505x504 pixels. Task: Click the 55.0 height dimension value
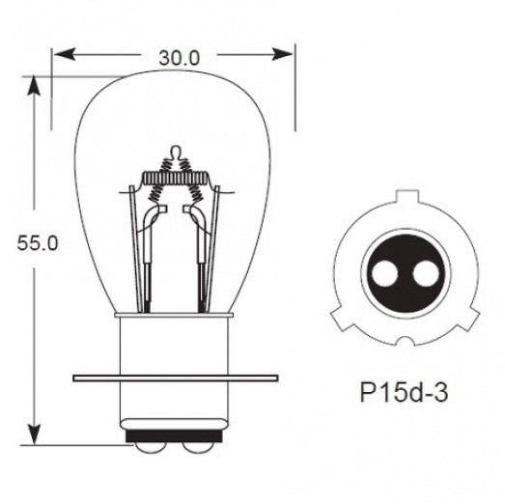click(38, 244)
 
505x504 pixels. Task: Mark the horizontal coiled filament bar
click(175, 178)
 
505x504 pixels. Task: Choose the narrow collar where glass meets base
click(175, 318)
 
